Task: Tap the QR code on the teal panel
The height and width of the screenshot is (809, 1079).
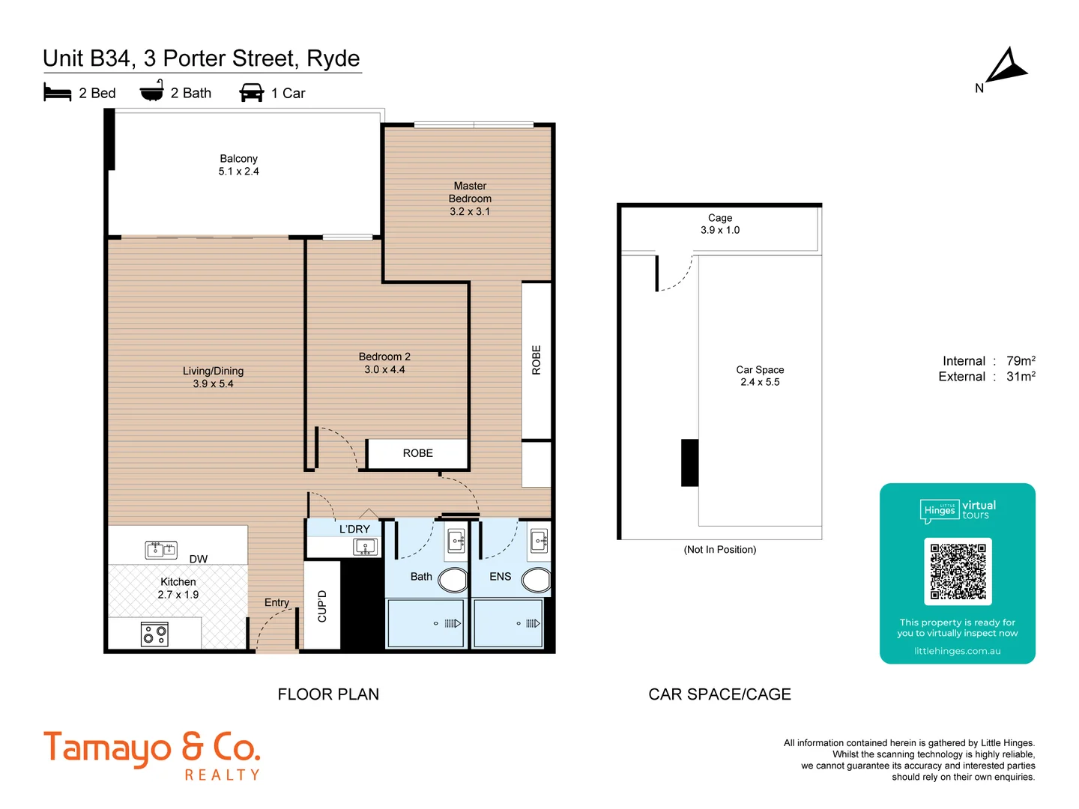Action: pyautogui.click(x=958, y=572)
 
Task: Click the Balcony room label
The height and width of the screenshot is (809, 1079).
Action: pyautogui.click(x=238, y=159)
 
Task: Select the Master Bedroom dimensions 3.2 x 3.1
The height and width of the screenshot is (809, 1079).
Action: pyautogui.click(x=470, y=212)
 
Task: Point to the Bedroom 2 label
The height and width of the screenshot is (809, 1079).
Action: pyautogui.click(x=384, y=357)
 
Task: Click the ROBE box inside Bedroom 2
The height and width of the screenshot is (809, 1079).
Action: pyautogui.click(x=417, y=453)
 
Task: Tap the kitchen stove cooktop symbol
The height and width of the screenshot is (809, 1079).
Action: pyautogui.click(x=154, y=634)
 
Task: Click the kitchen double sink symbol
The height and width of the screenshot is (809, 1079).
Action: pyautogui.click(x=161, y=550)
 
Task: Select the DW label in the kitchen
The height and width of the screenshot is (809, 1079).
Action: pyautogui.click(x=199, y=559)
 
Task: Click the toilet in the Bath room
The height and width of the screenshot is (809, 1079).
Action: pyautogui.click(x=453, y=580)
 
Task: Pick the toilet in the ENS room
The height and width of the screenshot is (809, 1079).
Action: pyautogui.click(x=537, y=580)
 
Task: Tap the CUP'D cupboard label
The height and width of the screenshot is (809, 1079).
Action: pyautogui.click(x=322, y=606)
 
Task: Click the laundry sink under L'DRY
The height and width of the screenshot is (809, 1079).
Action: pyautogui.click(x=365, y=547)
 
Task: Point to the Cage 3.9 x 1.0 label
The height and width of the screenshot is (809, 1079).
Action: pyautogui.click(x=719, y=224)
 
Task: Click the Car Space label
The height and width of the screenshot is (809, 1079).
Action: pyautogui.click(x=760, y=370)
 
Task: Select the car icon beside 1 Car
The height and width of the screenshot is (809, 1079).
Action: pyautogui.click(x=251, y=92)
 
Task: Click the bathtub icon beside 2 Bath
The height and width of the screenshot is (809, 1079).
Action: pyautogui.click(x=152, y=91)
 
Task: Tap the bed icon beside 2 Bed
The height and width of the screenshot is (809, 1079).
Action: pyautogui.click(x=58, y=92)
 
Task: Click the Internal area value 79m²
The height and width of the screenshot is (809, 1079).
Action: pyautogui.click(x=1021, y=360)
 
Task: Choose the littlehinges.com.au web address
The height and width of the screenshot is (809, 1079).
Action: pyautogui.click(x=957, y=651)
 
